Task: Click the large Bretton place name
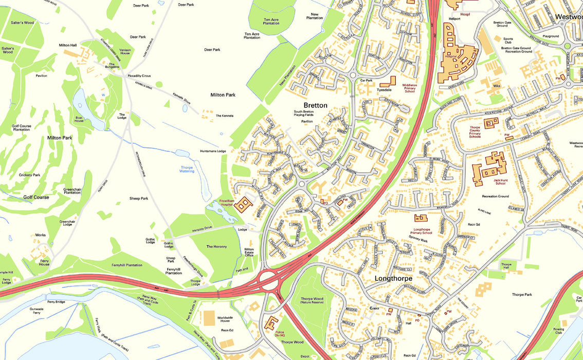tap(315, 105)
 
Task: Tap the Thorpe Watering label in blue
tap(187, 169)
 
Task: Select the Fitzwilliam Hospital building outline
tap(243, 205)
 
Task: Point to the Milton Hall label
tap(67, 45)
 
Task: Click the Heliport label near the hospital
tap(454, 18)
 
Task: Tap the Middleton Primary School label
tap(410, 88)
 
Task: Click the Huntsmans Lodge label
tap(213, 151)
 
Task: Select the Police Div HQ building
tap(270, 323)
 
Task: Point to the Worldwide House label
tap(225, 320)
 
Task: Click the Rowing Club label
tap(558, 331)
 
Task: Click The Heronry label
tap(216, 247)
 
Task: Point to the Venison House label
tap(125, 51)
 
